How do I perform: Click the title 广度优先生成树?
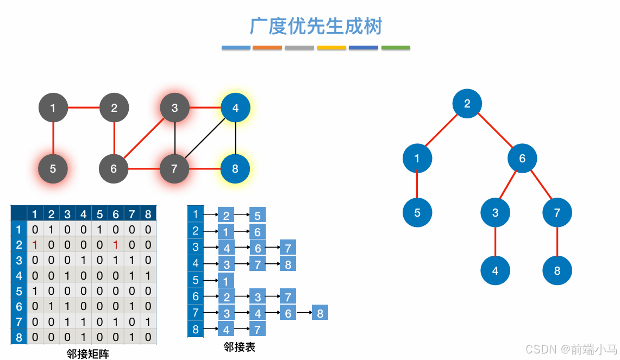[x=316, y=26]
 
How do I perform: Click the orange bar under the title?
[x=267, y=48]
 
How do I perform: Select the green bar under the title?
[x=396, y=48]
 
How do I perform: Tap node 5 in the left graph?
[x=53, y=169]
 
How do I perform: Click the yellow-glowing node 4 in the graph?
[x=235, y=108]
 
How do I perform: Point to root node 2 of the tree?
[x=467, y=103]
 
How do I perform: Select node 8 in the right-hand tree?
[x=557, y=270]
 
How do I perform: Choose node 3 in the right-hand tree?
[x=495, y=212]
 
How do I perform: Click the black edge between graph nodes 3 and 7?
[x=174, y=138]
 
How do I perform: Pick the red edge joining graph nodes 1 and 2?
[x=83, y=108]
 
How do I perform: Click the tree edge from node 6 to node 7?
[x=541, y=185]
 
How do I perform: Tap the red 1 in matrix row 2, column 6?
[x=116, y=245]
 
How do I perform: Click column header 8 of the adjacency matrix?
[x=148, y=214]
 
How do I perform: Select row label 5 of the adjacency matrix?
[x=18, y=291]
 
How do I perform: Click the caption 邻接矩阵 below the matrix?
[x=87, y=354]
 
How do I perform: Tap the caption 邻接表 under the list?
[x=239, y=346]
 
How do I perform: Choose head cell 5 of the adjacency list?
[x=196, y=281]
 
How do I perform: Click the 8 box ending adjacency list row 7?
[x=320, y=313]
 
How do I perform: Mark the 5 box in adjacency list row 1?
[x=258, y=215]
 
